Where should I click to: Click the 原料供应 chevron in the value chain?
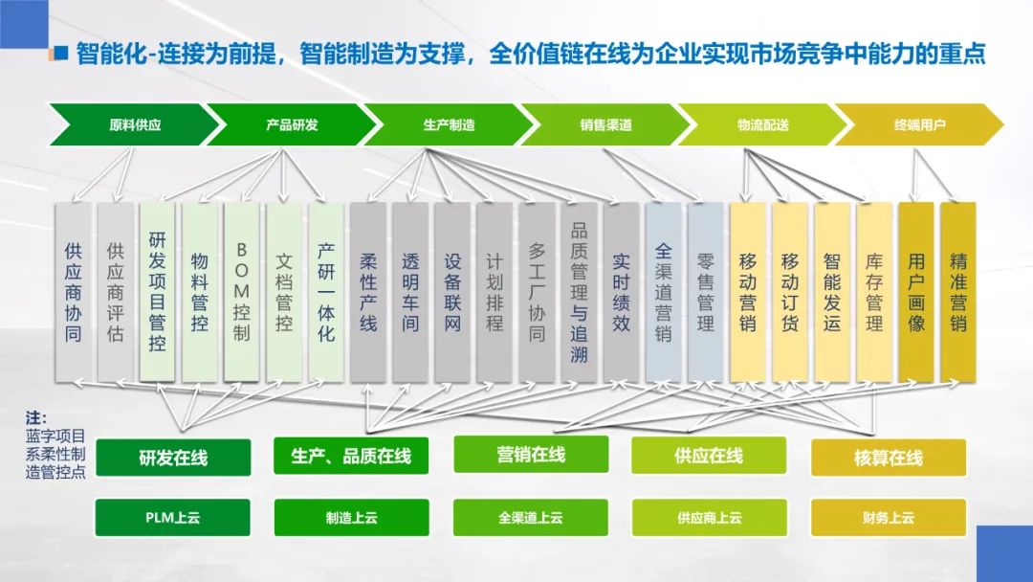click(135, 124)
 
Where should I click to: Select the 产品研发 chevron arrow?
click(292, 124)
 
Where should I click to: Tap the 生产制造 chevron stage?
click(449, 124)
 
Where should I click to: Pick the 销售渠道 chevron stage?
click(605, 124)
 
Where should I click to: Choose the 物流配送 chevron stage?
click(762, 124)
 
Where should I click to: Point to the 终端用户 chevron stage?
click(919, 124)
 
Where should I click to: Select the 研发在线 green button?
click(172, 458)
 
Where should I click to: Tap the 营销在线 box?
click(531, 455)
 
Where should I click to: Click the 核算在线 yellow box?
click(889, 458)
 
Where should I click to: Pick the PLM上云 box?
click(172, 518)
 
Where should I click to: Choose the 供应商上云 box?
click(709, 518)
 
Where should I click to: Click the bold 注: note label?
click(36, 418)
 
